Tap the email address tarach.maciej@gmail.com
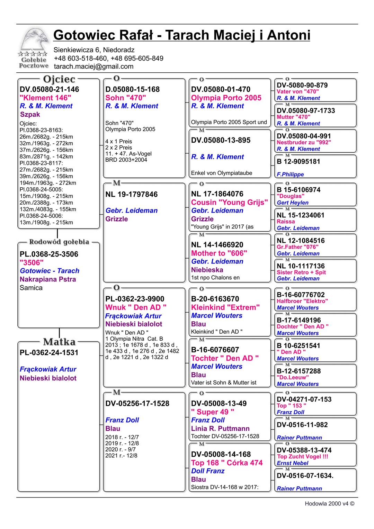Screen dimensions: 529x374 pos(93,66)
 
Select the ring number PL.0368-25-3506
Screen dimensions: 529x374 pos(49,254)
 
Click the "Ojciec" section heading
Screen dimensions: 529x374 pos(59,79)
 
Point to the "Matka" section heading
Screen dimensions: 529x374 pos(59,342)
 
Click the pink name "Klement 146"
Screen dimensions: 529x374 pos(45,98)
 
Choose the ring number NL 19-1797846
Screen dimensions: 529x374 pos(131,194)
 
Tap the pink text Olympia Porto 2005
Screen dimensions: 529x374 pos(226,98)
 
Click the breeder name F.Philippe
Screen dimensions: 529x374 pos(290,174)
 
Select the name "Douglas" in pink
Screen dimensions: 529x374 pos(290,196)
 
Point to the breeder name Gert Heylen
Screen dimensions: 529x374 pos(292,203)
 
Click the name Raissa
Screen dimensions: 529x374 pos(286,222)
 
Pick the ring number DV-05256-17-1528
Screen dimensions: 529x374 pos(137,403)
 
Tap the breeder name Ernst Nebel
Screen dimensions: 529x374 pos(292,463)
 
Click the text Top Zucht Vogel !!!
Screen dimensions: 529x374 pos(302,457)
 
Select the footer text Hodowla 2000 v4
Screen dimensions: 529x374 pos(329,504)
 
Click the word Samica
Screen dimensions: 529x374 pos(31,288)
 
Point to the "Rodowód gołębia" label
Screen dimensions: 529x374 pos(59,242)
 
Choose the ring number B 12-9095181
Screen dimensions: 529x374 pos(299,162)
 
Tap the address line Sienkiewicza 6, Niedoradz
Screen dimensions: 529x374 pos(94,50)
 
